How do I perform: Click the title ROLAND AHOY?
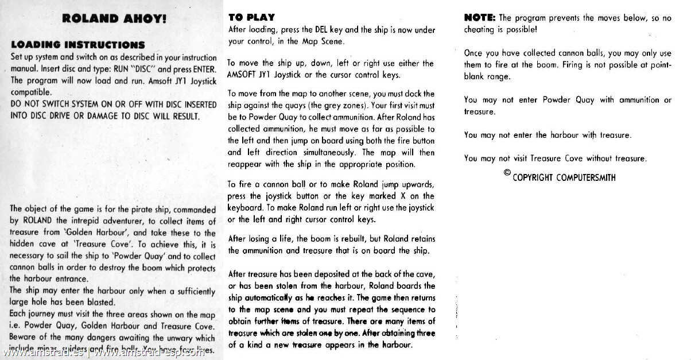click(114, 18)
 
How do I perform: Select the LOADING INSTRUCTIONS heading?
click(77, 45)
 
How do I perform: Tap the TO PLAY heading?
click(251, 17)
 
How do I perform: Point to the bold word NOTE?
click(480, 18)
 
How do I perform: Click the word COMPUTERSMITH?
click(585, 177)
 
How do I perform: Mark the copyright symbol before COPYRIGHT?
click(507, 173)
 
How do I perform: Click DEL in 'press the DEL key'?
click(323, 29)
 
